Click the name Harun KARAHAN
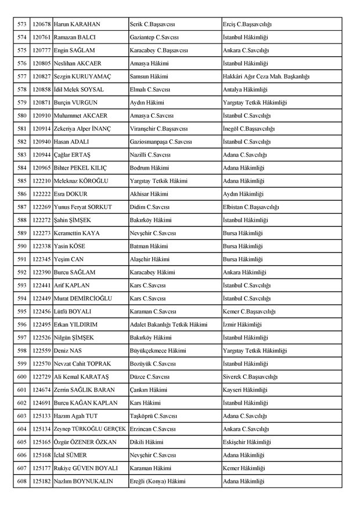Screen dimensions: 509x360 (77, 24)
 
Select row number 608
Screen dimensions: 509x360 (22, 481)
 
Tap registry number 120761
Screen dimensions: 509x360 (41, 37)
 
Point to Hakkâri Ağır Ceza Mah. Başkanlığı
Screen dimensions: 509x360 (266, 77)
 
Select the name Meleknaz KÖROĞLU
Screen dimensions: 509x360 (81, 181)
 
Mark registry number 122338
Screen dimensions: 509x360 (41, 246)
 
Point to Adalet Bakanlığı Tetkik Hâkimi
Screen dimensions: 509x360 (168, 324)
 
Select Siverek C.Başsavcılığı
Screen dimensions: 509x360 (250, 377)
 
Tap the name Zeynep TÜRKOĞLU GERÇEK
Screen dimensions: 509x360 (89, 429)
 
